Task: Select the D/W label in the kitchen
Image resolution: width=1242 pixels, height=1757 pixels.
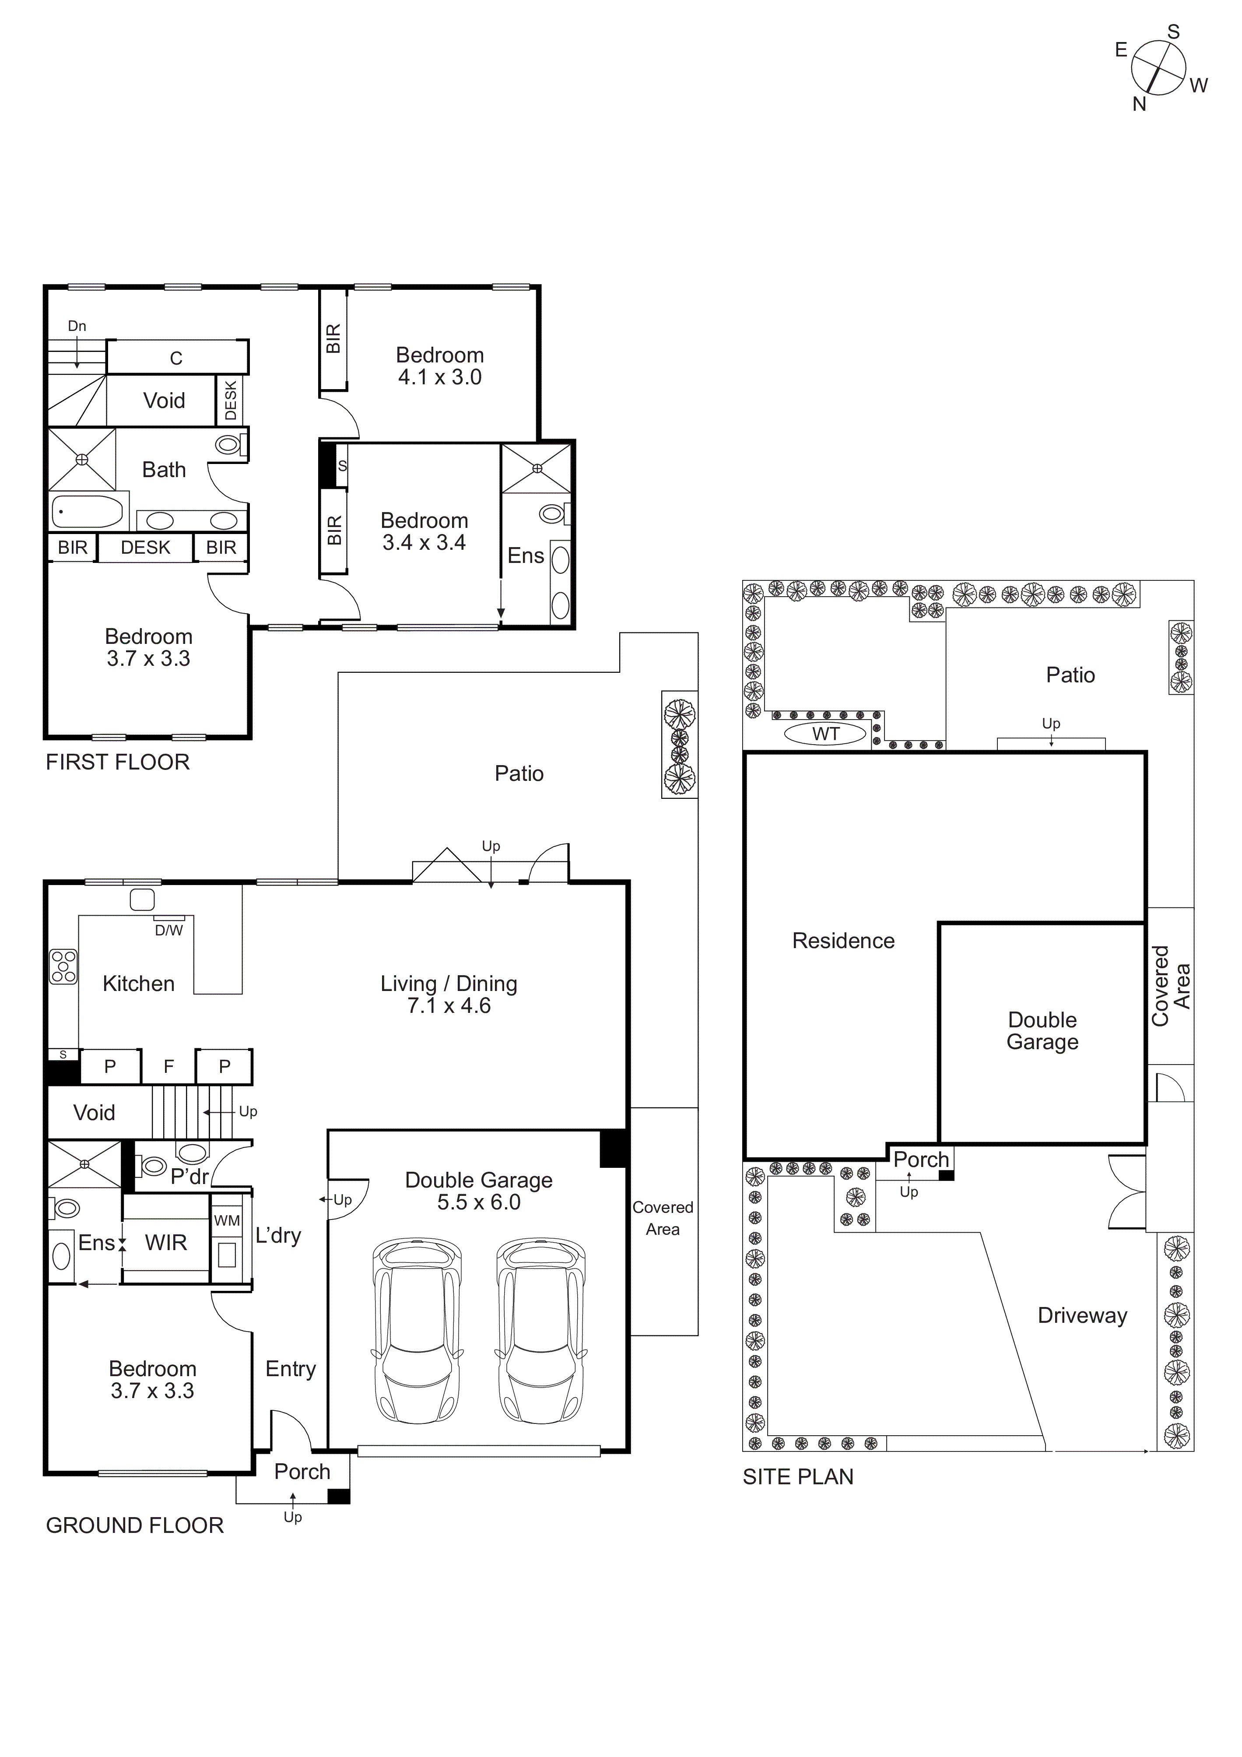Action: [x=169, y=931]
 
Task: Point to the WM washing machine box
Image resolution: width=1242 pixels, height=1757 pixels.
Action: [x=227, y=1220]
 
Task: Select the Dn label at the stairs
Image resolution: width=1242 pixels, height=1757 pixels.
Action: [x=77, y=326]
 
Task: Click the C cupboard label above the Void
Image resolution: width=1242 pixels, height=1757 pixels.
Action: [x=176, y=358]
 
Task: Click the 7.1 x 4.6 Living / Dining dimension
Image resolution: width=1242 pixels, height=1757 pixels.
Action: [x=449, y=1005]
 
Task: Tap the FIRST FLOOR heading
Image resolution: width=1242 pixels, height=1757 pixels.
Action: [x=117, y=762]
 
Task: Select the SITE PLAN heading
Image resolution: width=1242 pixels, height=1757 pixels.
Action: [x=797, y=1477]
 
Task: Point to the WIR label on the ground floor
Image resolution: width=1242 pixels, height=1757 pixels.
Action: [x=166, y=1243]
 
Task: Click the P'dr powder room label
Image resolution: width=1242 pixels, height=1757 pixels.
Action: [x=189, y=1176]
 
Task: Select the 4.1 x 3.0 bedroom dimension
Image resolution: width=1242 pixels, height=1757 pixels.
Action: [x=439, y=377]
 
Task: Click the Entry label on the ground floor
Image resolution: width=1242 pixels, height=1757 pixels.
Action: [x=290, y=1369]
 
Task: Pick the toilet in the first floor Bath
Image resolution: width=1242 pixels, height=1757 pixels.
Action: [x=228, y=444]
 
